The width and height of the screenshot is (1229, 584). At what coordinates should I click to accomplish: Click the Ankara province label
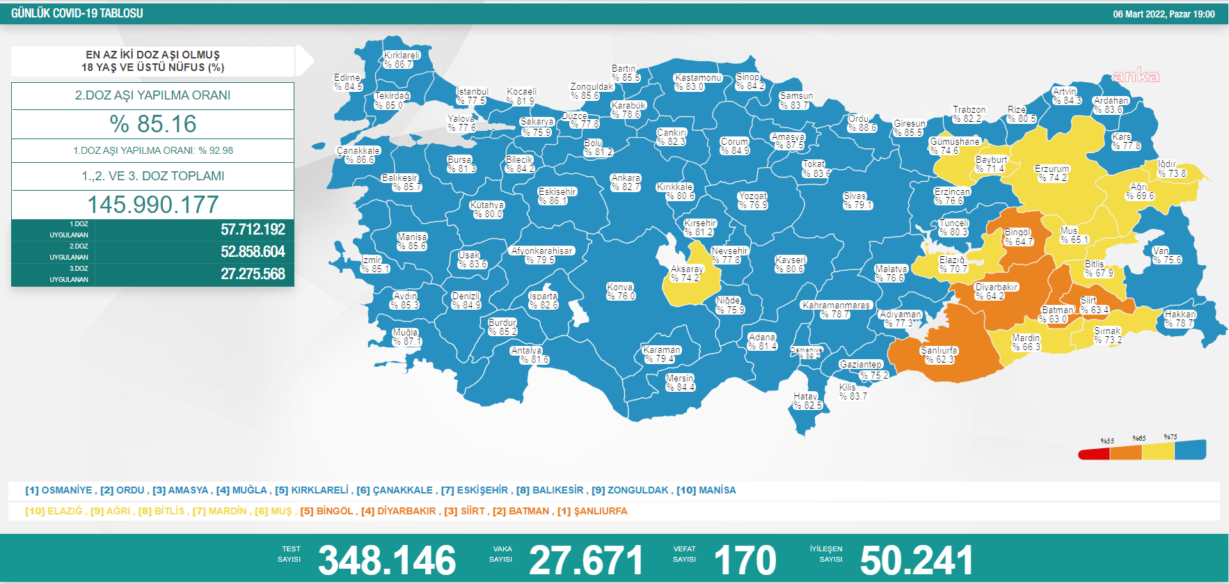click(626, 182)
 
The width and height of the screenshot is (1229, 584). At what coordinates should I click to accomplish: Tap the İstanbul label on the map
click(472, 96)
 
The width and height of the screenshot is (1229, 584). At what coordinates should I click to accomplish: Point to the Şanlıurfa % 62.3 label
click(939, 355)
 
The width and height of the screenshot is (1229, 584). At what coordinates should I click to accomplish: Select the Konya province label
click(620, 292)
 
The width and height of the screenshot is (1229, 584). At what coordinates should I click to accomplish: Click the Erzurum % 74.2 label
click(1052, 173)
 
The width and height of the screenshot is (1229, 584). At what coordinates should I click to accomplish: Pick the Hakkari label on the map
click(1180, 319)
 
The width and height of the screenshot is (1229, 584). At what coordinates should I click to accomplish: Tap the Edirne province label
click(347, 82)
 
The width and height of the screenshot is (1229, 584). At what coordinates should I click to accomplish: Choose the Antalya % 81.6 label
click(529, 355)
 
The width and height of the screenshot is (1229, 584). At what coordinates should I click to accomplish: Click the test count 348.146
click(387, 560)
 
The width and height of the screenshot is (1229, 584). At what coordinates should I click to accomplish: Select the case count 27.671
click(586, 560)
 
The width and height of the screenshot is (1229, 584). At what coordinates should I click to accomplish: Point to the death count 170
click(745, 560)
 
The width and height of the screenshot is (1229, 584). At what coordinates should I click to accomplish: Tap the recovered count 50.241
click(916, 560)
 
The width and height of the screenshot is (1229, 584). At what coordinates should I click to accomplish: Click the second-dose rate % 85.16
click(153, 124)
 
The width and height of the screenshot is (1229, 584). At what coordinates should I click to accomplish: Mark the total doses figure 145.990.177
click(153, 205)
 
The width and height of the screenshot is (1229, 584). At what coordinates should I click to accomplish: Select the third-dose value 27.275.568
click(253, 274)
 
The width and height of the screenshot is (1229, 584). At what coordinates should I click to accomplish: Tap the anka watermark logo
click(1136, 76)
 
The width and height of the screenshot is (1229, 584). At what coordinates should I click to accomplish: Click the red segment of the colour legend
click(1094, 455)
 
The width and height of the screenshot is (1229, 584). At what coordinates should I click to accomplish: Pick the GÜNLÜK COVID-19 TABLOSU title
click(77, 13)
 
